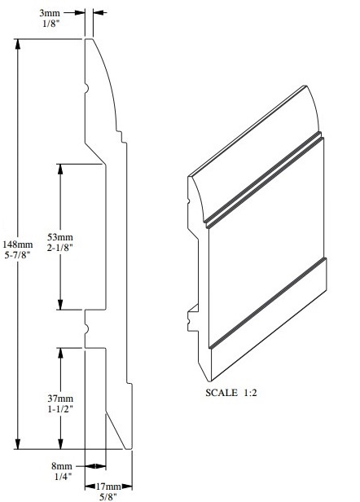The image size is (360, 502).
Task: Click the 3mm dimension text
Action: click(x=50, y=12)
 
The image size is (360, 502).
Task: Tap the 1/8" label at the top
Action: click(x=50, y=24)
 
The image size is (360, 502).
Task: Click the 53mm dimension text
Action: click(x=60, y=236)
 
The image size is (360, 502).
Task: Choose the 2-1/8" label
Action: click(x=60, y=247)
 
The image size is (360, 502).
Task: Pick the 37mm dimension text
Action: click(x=60, y=398)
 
